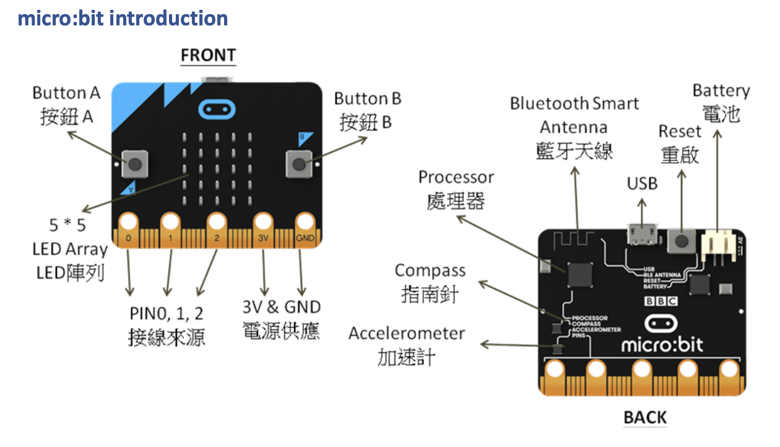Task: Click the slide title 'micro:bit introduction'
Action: click(x=123, y=18)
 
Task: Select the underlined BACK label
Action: click(x=644, y=418)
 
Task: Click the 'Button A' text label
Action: click(x=66, y=93)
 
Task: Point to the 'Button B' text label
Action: click(x=368, y=98)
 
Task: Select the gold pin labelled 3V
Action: click(x=263, y=222)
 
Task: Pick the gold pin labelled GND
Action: click(x=305, y=222)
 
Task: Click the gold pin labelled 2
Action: click(x=217, y=222)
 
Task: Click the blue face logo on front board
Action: click(x=216, y=110)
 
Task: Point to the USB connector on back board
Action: click(x=641, y=235)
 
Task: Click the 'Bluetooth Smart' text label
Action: click(x=574, y=103)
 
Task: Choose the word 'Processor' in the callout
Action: click(x=456, y=177)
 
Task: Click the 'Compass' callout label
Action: click(x=430, y=271)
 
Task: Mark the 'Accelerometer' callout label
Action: click(x=406, y=334)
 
